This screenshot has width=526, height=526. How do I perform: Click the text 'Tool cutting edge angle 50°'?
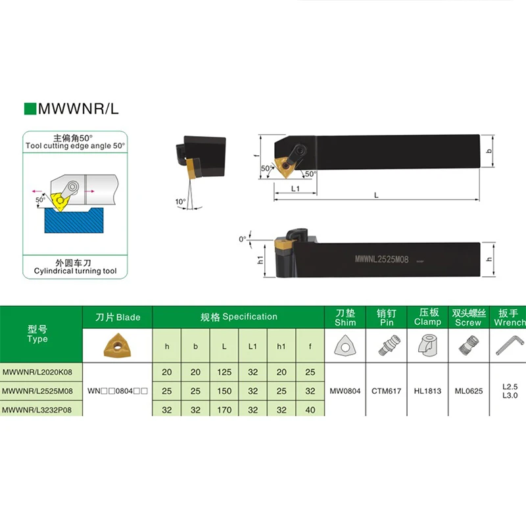pos(74,145)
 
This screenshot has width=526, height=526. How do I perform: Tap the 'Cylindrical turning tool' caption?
pos(74,270)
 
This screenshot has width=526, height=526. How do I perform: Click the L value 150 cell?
pos(225,391)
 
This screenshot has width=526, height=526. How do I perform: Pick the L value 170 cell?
pos(225,410)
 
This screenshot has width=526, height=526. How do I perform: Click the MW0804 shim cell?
pos(345,391)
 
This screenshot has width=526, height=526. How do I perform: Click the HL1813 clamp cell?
pos(427,391)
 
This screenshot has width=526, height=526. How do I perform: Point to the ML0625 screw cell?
pos(469,391)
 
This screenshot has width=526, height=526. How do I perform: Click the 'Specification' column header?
pos(239,317)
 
